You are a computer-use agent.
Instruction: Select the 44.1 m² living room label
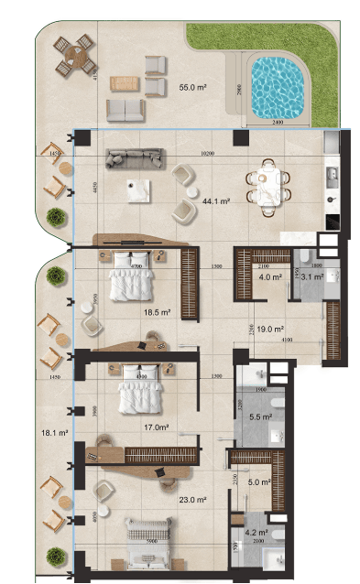[x=215, y=200]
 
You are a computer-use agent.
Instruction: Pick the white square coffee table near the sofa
[x=138, y=189]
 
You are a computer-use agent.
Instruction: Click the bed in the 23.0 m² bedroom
[x=147, y=535]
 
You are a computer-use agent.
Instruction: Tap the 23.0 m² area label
[x=192, y=500]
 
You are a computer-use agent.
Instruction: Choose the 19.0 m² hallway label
[x=267, y=327]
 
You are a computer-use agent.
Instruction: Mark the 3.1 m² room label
[x=311, y=277]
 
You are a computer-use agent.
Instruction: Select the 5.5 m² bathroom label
[x=260, y=416]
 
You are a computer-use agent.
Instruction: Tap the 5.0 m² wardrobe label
[x=260, y=481]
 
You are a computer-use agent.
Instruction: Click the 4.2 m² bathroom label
[x=257, y=531]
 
